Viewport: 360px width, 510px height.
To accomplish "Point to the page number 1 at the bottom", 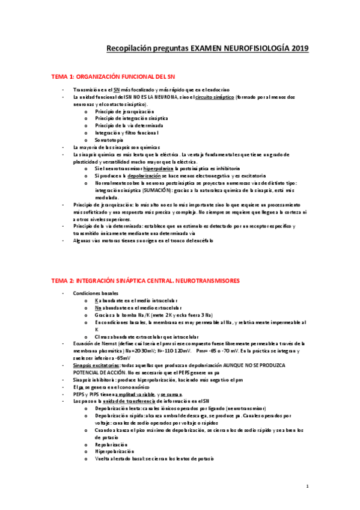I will (307, 486).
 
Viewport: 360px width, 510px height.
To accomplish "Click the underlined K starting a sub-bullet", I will (96, 300).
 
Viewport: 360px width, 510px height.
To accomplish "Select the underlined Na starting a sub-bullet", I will (97, 307).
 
